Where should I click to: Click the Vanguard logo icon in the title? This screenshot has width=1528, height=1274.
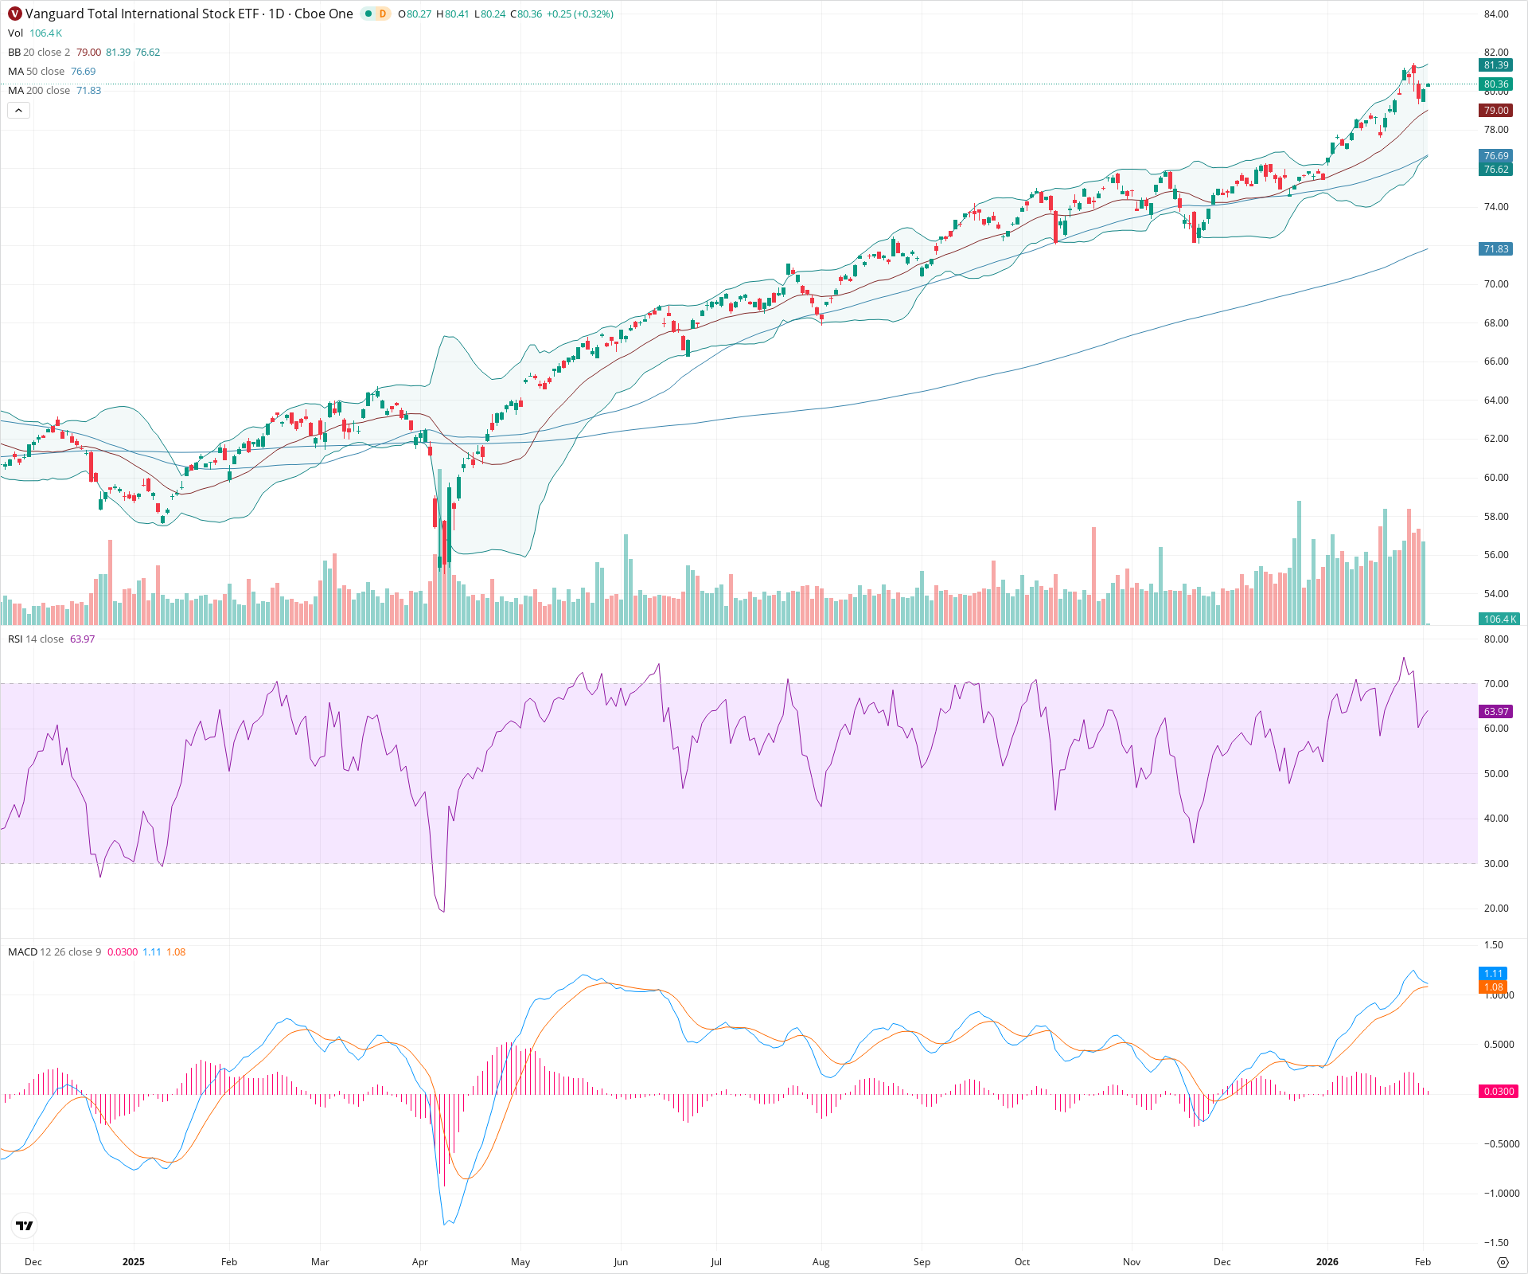click(15, 14)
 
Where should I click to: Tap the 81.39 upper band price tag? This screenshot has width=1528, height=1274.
click(1495, 65)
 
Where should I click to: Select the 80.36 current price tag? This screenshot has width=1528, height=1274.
click(1495, 84)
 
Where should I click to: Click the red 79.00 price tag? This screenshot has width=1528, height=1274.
click(1495, 111)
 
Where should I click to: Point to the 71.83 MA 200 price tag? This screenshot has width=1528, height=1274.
click(1495, 249)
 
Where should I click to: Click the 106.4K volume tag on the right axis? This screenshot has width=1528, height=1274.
click(1499, 619)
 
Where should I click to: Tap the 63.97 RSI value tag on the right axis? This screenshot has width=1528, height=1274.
click(1495, 712)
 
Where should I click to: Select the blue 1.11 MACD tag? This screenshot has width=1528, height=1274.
click(1493, 974)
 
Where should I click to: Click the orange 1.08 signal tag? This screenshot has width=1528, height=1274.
click(1493, 987)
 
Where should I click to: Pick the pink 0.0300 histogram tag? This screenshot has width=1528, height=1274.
click(1498, 1092)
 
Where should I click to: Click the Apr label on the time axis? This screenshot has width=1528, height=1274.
click(419, 1262)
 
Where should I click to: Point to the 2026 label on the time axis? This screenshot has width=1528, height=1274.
click(1327, 1262)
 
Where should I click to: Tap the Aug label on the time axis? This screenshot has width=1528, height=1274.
click(821, 1262)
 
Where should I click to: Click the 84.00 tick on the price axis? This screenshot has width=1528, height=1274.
click(1496, 14)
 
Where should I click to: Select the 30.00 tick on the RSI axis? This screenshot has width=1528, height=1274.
click(1496, 864)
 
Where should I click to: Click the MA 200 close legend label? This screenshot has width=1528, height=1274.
click(39, 91)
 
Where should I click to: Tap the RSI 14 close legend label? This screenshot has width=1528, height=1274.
click(36, 639)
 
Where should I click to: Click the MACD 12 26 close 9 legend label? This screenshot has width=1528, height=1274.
click(54, 952)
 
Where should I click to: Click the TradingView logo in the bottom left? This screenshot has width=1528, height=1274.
click(25, 1225)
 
